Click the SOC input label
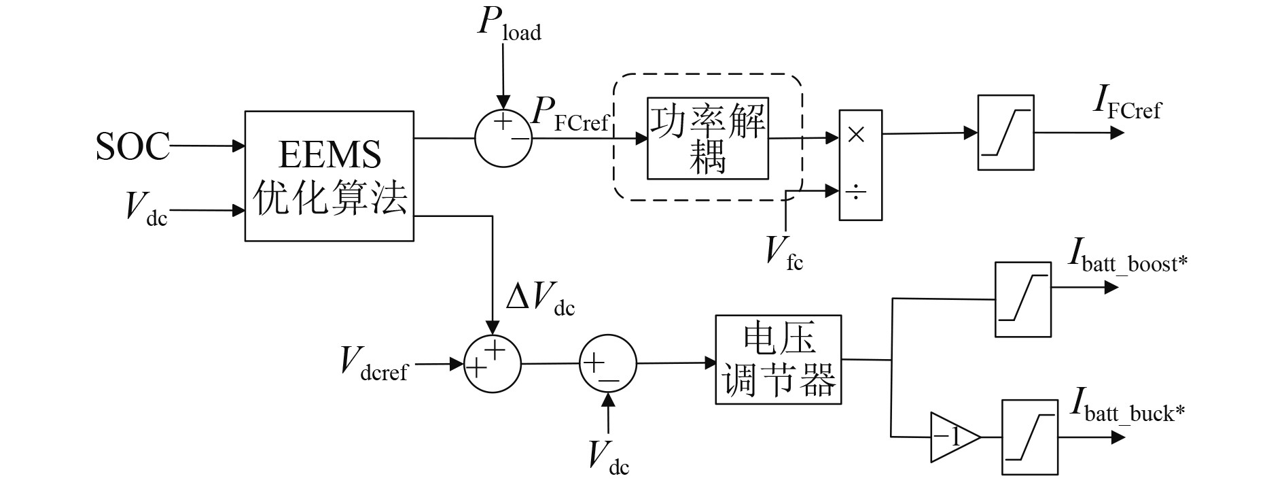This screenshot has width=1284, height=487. pos(132,146)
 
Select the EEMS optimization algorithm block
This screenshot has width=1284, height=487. pos(329,176)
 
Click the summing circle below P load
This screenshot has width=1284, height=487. pos(503,137)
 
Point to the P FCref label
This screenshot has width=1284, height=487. pos(570,116)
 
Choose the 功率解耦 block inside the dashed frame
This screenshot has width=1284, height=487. pos(708,138)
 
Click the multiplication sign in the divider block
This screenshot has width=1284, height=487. pos(857,135)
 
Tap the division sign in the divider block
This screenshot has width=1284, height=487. pos(857,193)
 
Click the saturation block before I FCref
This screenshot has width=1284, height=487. pos(1006,133)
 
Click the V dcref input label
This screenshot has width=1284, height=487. pos(374,363)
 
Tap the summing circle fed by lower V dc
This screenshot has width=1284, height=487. pos(607,364)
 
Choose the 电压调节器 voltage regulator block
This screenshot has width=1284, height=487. pos(778,359)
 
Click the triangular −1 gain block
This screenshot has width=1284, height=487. pos(953,437)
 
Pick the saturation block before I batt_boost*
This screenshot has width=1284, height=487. pos(1022,299)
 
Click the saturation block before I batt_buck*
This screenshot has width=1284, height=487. pos(1030,437)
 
